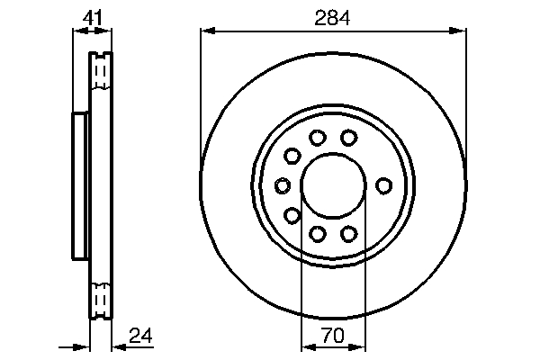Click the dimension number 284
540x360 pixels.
coord(332,17)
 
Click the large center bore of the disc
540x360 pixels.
coord(332,185)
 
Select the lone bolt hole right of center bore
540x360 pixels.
coord(383,185)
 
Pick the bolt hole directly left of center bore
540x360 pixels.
coord(282,185)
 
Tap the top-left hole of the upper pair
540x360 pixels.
coord(317,138)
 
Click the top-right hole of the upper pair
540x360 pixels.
coord(348,138)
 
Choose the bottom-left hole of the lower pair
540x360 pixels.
coord(317,234)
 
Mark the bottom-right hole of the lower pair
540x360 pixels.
coord(348,234)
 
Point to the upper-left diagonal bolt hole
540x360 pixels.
coord(292,157)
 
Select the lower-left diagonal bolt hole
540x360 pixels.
coord(292,215)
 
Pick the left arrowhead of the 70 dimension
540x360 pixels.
coord(305,346)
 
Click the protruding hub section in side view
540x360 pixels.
coord(80,185)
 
